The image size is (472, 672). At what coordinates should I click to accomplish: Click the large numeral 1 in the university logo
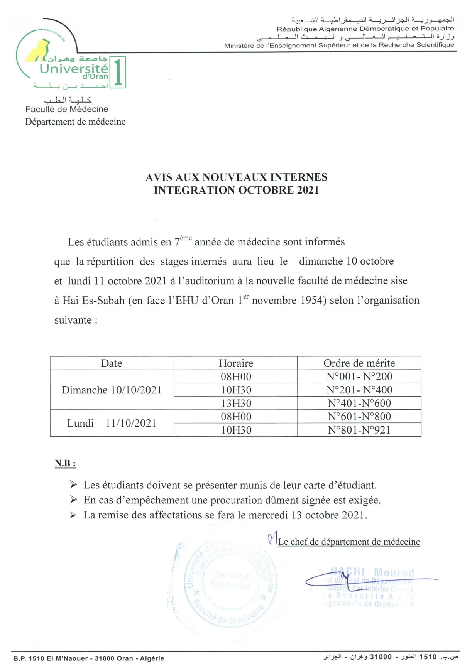coord(118,72)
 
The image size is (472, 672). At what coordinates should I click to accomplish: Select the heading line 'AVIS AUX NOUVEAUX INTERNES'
coord(236,177)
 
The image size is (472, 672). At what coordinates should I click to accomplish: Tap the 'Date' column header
coord(112,363)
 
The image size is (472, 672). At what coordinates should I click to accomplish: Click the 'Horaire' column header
coord(236,363)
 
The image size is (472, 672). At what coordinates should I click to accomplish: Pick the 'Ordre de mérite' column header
coord(359,363)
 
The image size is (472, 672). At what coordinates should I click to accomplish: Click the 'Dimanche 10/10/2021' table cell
coord(112,390)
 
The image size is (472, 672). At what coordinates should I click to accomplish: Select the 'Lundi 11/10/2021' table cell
coord(112,423)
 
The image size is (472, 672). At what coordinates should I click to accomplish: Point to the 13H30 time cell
coord(236,404)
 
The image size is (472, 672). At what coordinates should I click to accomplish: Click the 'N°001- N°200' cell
coord(359,377)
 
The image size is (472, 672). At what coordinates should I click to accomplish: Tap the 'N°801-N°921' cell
coord(359,430)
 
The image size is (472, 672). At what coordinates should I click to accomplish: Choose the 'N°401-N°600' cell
coord(359,404)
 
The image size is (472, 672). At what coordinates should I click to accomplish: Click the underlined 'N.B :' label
coord(65,463)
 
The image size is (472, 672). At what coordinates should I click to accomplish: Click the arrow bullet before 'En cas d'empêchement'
coord(73,500)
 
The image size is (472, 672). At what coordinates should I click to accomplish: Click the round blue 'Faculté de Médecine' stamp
coord(230,583)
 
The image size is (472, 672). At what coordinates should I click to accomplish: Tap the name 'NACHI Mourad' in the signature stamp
coord(372,572)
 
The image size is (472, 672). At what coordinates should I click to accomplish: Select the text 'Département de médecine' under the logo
coord(75,122)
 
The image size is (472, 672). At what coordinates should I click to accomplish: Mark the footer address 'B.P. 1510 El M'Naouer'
coord(52,658)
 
